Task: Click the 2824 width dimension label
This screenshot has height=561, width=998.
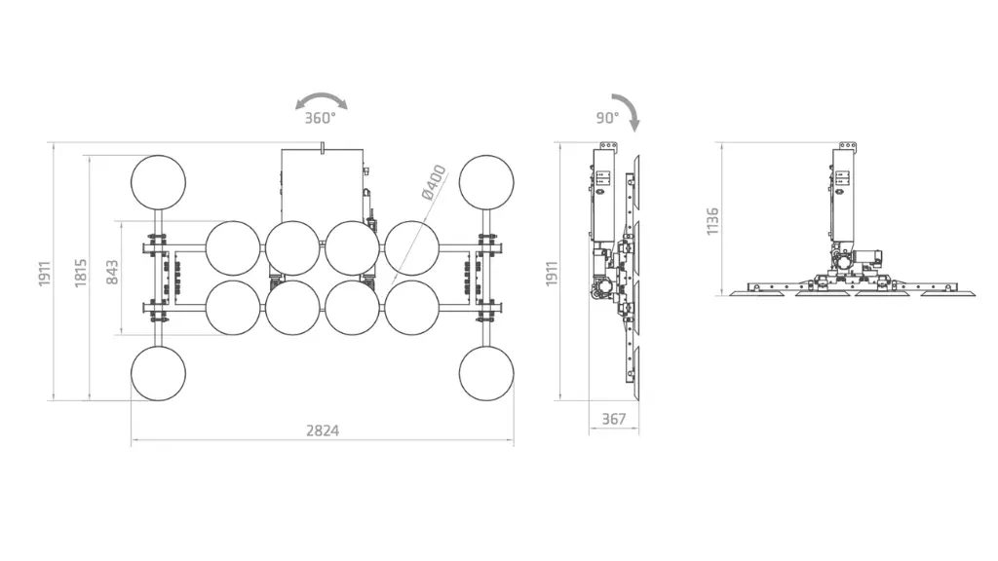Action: [x=322, y=430]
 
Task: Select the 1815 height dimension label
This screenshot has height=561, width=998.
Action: [x=80, y=273]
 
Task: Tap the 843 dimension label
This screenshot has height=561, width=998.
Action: [x=112, y=273]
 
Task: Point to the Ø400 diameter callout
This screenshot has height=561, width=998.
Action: [x=434, y=182]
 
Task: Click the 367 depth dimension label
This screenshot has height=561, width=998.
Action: [x=614, y=419]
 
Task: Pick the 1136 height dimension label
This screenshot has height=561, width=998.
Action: [x=712, y=221]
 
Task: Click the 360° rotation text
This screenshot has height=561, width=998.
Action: [x=320, y=118]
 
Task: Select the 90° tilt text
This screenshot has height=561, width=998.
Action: [x=607, y=118]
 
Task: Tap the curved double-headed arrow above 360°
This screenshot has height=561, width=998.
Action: [x=322, y=96]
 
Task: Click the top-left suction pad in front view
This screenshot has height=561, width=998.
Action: [x=159, y=182]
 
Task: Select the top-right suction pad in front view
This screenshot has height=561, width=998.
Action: [x=486, y=182]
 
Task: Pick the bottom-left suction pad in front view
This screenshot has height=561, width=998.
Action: [x=159, y=373]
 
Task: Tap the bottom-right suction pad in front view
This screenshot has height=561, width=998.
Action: [x=486, y=373]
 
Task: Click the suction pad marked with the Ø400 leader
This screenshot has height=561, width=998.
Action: [x=412, y=248]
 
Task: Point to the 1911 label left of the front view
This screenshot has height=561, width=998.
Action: [x=44, y=273]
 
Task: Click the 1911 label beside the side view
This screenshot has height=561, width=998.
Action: [x=552, y=273]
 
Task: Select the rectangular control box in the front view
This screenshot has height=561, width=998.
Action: [x=323, y=186]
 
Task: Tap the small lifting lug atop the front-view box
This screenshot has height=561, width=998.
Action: [x=323, y=147]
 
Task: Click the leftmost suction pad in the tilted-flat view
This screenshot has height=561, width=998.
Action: [x=757, y=293]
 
